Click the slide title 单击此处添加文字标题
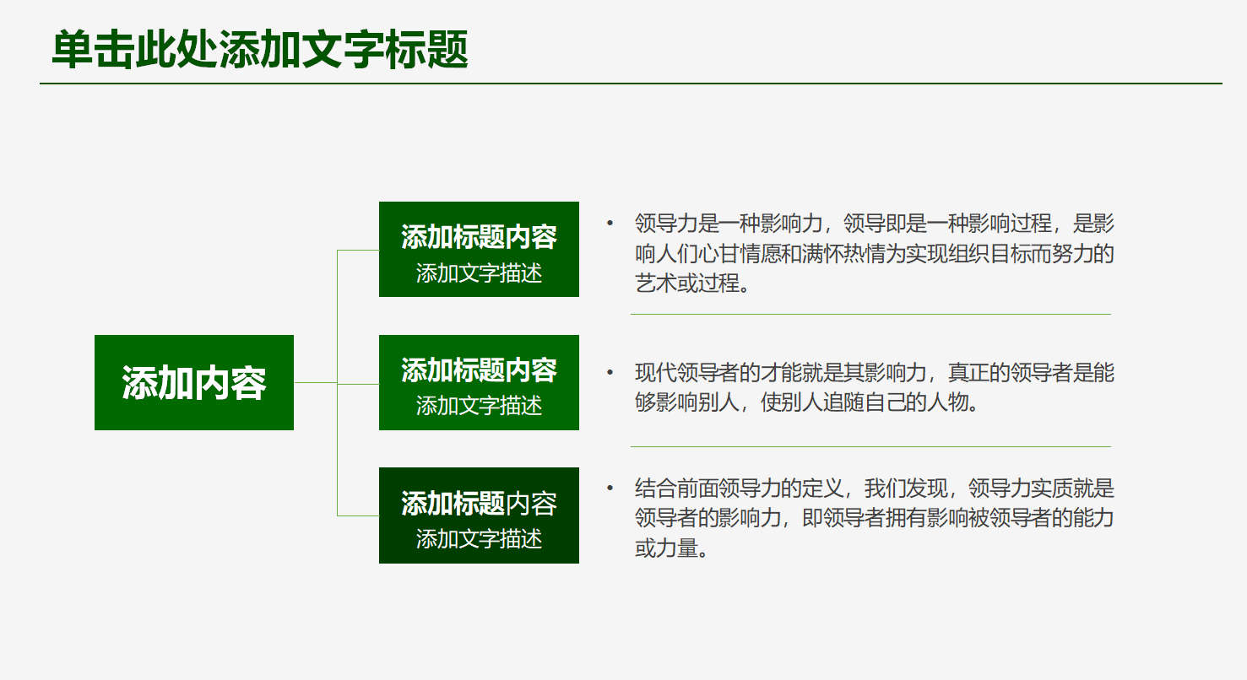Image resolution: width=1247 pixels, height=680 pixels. (260, 51)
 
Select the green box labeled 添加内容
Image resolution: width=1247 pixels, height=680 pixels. (194, 383)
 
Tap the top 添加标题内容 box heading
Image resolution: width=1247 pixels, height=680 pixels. (479, 237)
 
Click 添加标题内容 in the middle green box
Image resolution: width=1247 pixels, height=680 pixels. (479, 370)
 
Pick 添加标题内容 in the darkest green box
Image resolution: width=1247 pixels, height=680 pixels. (479, 504)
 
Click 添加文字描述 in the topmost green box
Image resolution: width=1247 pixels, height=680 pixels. (479, 273)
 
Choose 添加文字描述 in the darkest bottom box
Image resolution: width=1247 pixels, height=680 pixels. (479, 539)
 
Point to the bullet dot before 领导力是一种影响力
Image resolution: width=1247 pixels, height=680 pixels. (610, 224)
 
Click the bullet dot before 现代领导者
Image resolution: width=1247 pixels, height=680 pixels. (610, 372)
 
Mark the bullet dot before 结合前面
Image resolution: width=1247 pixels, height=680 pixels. (610, 488)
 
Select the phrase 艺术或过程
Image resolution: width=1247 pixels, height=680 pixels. (686, 283)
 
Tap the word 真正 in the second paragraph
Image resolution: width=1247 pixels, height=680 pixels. (968, 373)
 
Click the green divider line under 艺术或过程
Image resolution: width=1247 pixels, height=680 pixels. (870, 314)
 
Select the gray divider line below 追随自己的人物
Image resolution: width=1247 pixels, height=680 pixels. (870, 446)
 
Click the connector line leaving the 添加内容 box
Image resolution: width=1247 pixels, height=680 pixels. (315, 383)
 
